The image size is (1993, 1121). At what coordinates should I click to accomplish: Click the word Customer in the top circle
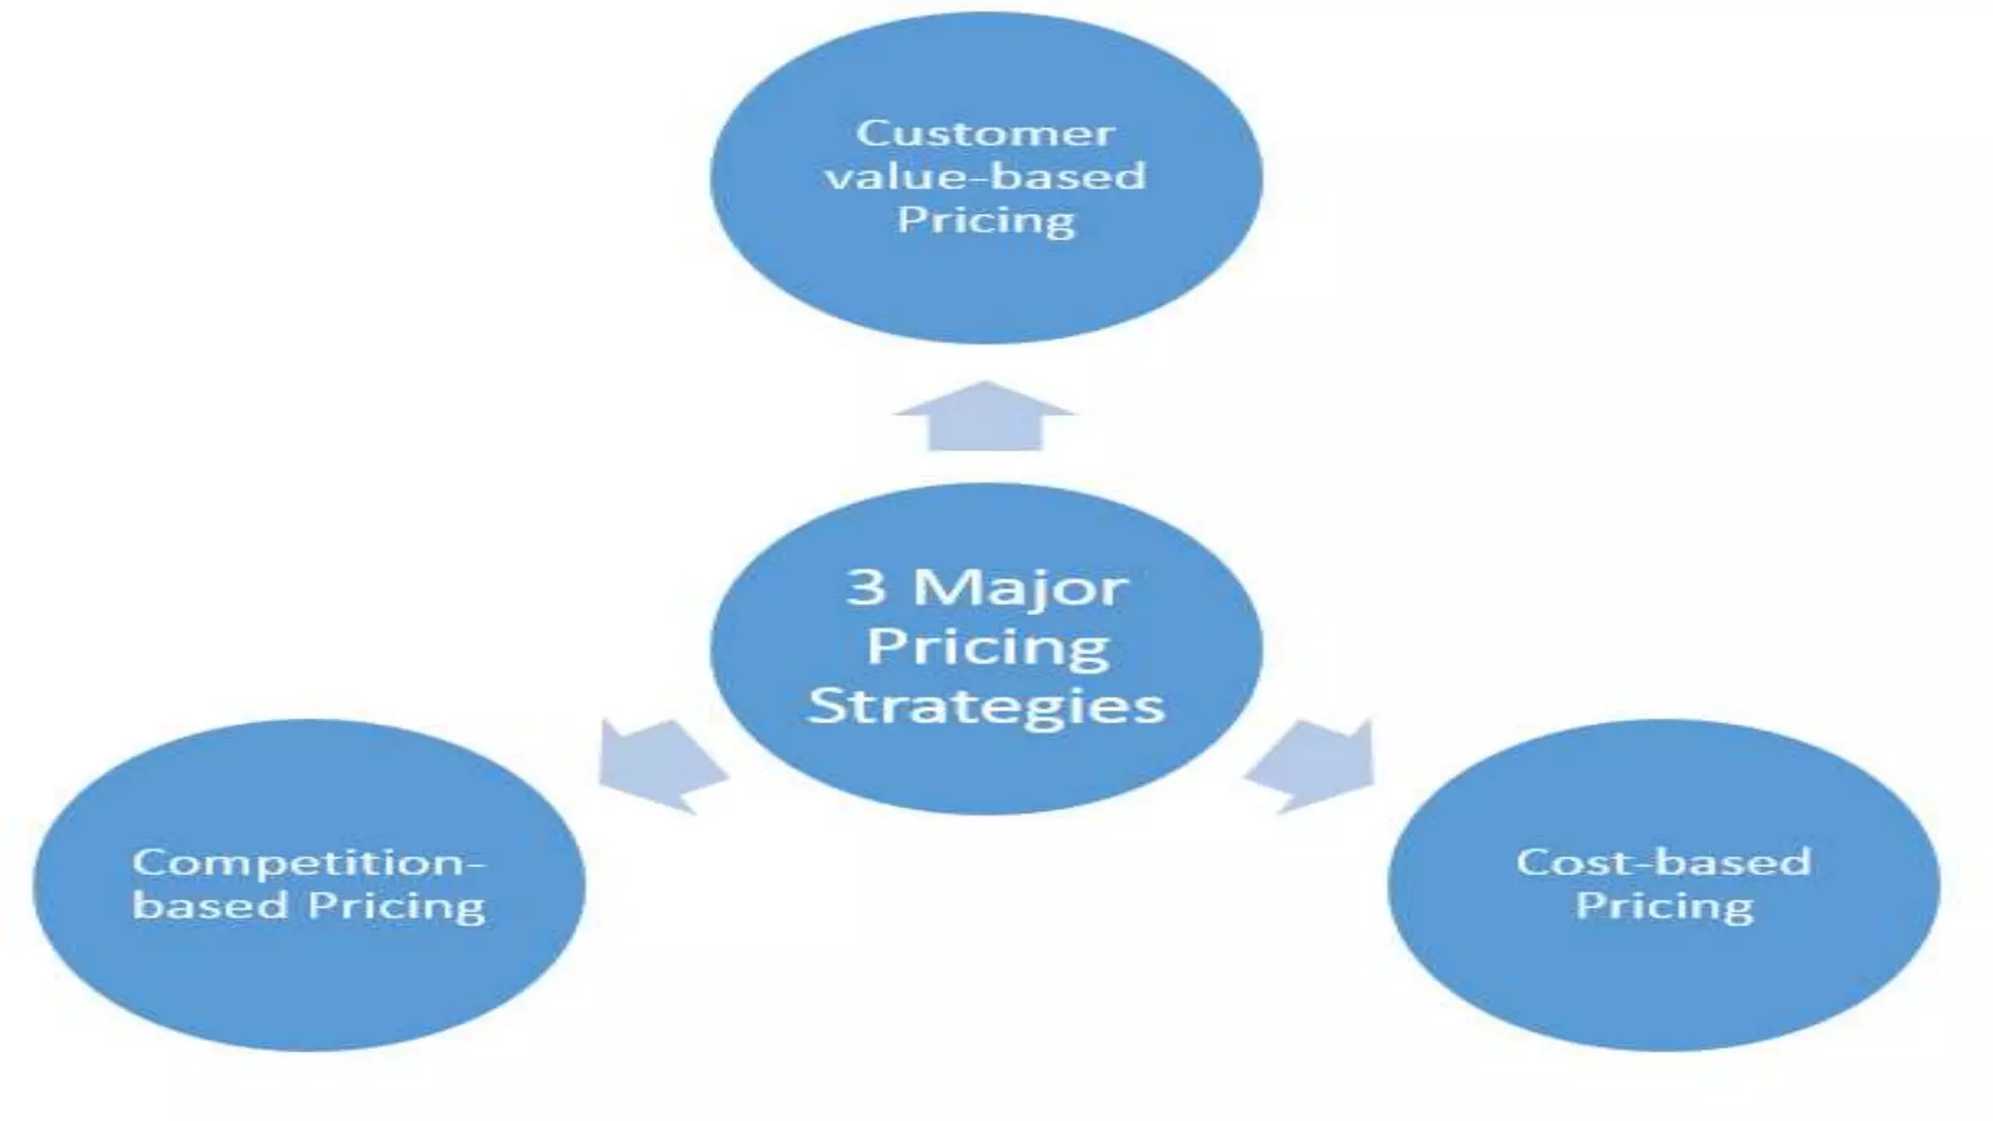pos(985,133)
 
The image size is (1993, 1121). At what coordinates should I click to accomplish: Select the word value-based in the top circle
pos(985,177)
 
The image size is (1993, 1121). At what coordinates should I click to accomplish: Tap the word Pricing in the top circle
pos(985,221)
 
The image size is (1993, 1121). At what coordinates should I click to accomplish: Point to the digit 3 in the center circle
pos(866,587)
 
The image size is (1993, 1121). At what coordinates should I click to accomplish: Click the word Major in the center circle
pos(1020,589)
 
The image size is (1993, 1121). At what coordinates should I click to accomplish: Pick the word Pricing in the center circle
pos(987,646)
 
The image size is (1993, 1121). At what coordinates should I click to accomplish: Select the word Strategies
pos(986,705)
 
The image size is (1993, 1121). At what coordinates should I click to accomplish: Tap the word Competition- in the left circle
pos(308,863)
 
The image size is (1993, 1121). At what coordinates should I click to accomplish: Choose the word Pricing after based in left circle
pos(397,907)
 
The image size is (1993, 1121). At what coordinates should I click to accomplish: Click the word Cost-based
pos(1663,862)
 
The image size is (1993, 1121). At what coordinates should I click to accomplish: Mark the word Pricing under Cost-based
pos(1663,906)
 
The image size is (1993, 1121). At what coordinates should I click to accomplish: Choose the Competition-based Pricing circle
pos(308,983)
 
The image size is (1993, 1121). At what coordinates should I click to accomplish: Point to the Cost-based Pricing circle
pos(1663,983)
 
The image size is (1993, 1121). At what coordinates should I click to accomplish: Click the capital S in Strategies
pos(826,705)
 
